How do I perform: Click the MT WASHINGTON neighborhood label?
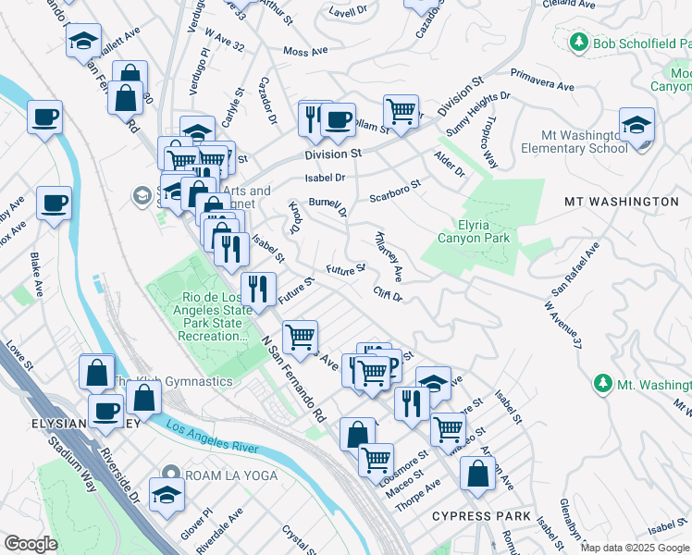[621, 201]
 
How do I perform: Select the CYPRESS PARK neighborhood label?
[481, 515]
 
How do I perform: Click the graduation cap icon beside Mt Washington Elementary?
[637, 126]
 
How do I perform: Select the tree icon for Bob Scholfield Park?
[579, 42]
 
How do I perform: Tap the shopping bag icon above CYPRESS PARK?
[476, 472]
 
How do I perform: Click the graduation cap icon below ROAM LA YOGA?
[167, 496]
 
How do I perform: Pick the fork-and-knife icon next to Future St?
[258, 288]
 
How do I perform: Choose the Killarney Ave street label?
[389, 256]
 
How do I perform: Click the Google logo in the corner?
[31, 544]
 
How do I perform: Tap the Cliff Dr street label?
[388, 295]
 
